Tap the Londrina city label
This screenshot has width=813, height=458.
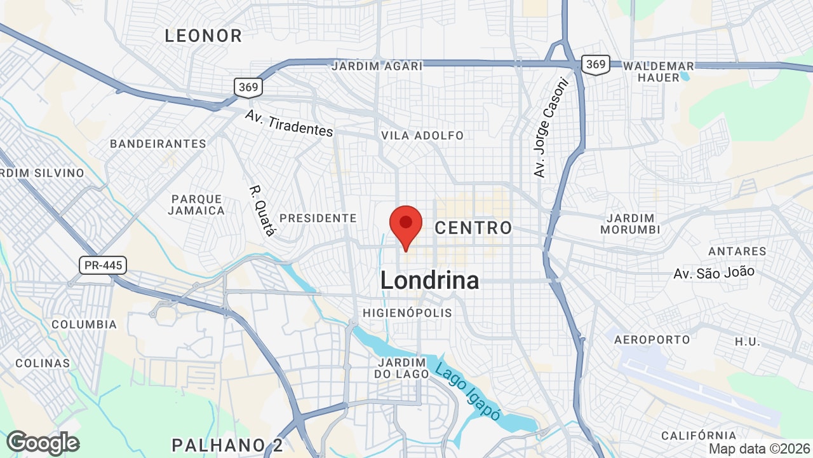point(429,281)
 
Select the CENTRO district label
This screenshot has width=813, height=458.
point(473,228)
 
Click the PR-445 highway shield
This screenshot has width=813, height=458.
point(103,265)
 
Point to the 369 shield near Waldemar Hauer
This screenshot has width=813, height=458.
point(595,64)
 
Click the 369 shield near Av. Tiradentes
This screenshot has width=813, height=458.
point(248,87)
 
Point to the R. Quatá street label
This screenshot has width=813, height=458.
point(262,211)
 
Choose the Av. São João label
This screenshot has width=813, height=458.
point(714,273)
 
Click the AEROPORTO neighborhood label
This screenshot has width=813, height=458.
point(652,340)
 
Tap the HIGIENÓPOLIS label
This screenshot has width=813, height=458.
point(407,313)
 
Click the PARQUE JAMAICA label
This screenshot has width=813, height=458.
point(198,205)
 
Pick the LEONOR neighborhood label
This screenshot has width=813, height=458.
point(203,36)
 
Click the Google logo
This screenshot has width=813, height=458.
point(43,443)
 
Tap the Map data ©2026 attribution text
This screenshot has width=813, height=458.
point(760,449)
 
